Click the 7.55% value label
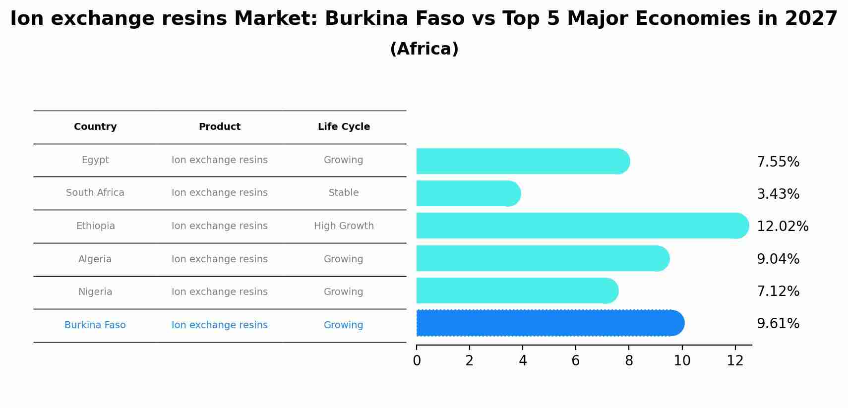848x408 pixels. [778, 162]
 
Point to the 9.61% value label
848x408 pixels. [778, 324]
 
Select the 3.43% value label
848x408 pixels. [778, 194]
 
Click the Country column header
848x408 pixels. [95, 127]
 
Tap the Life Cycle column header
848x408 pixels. [344, 127]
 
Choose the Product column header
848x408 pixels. [219, 127]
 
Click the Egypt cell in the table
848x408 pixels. [95, 160]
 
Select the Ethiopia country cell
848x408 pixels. [95, 226]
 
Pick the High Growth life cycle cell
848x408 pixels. [344, 226]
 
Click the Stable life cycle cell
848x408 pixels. [344, 193]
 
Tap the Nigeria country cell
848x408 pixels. [95, 292]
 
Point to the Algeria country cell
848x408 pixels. [95, 259]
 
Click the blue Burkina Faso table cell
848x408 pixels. [95, 325]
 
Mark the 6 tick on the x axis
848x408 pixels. [575, 361]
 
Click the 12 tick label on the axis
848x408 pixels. [735, 361]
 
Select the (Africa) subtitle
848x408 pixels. [424, 49]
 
